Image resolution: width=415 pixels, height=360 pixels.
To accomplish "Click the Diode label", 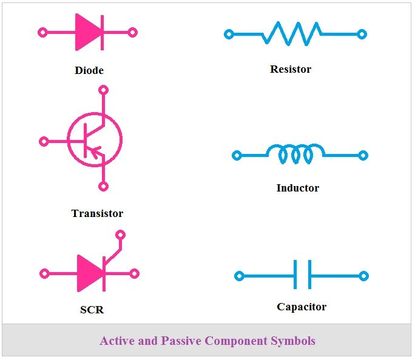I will [x=89, y=70].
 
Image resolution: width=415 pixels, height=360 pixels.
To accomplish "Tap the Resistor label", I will [x=291, y=69].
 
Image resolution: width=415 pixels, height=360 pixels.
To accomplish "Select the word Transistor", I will [x=97, y=213].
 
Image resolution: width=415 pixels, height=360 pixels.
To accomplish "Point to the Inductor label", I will [x=297, y=188].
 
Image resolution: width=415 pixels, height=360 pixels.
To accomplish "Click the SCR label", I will [x=92, y=310].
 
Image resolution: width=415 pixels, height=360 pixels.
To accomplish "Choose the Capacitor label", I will [x=302, y=307].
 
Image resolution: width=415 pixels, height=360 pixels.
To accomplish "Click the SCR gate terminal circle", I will [x=120, y=235].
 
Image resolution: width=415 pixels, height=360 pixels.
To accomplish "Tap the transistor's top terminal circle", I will [x=103, y=90].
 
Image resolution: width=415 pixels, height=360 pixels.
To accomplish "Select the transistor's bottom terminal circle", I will [x=103, y=187].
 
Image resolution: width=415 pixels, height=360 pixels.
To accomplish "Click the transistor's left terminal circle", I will [x=44, y=141].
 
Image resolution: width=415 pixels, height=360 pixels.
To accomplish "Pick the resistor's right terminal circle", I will [x=362, y=35].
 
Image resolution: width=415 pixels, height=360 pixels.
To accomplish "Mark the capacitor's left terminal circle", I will [x=239, y=276].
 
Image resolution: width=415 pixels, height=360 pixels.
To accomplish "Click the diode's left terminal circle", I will [x=42, y=32].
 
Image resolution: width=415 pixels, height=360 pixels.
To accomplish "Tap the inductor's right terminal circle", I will [x=363, y=155].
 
